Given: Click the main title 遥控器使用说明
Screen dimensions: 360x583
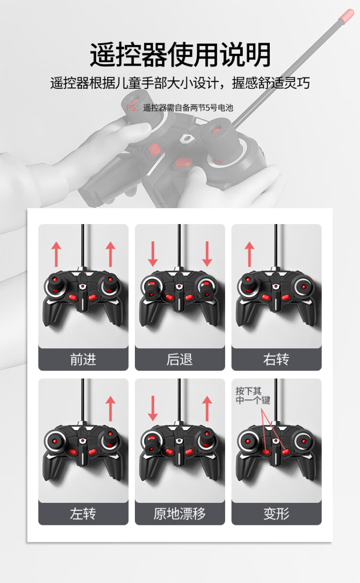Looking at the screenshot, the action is pyautogui.click(x=180, y=55).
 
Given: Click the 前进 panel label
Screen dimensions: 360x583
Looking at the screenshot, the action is pyautogui.click(x=83, y=359).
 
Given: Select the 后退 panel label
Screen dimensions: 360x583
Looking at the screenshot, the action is pyautogui.click(x=180, y=359).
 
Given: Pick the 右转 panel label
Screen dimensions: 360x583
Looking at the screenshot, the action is pyautogui.click(x=276, y=359).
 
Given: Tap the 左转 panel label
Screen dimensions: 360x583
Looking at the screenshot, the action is pyautogui.click(x=83, y=513).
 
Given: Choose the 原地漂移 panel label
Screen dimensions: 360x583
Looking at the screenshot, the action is pyautogui.click(x=180, y=513).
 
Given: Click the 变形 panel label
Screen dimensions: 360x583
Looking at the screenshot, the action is pyautogui.click(x=276, y=513).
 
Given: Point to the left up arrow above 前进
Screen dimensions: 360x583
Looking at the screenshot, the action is pyautogui.click(x=56, y=254).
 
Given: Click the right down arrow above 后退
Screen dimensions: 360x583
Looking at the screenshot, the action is pyautogui.click(x=207, y=254).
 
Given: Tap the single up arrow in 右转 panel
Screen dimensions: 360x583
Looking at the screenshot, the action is pyautogui.click(x=250, y=254).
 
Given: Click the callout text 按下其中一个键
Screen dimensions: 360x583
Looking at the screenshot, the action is pyautogui.click(x=253, y=395).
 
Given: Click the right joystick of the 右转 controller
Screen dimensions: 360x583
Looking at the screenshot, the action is pyautogui.click(x=303, y=287).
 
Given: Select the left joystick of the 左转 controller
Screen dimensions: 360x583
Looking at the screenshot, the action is pyautogui.click(x=54, y=441).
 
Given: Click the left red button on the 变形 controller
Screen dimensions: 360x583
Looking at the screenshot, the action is pyautogui.click(x=265, y=452).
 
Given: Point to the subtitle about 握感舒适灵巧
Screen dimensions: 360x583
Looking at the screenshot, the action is pyautogui.click(x=180, y=83).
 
